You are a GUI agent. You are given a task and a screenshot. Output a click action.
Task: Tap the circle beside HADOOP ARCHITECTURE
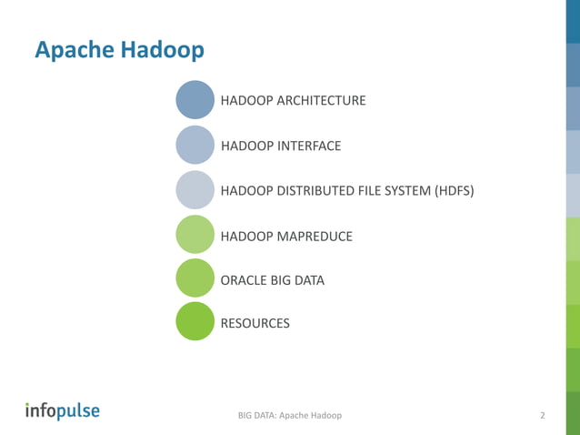coord(195,99)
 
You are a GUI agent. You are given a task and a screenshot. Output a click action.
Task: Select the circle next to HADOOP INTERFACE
coord(195,145)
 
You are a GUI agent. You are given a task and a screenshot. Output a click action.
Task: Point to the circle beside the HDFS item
coord(195,189)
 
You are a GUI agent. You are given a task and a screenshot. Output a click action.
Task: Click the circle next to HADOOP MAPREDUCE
coord(195,235)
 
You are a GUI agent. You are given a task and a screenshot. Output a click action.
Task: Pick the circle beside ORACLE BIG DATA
coord(195,278)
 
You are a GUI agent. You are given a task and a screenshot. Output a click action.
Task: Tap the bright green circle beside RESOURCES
coord(195,322)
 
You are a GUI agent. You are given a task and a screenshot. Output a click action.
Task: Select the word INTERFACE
coord(308,146)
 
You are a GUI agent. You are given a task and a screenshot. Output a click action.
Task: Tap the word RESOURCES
coord(255,323)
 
